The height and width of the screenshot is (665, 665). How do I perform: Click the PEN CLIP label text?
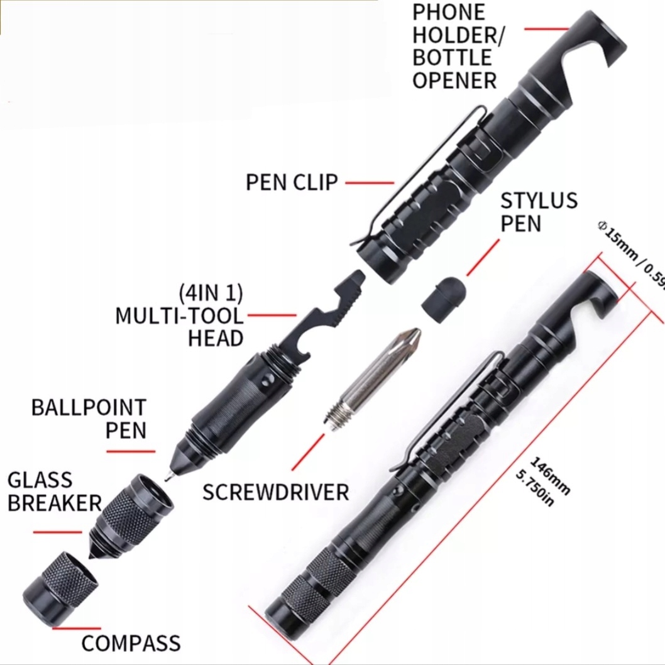(292, 182)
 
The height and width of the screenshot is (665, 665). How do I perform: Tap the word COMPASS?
(131, 643)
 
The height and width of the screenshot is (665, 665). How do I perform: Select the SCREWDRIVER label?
(275, 491)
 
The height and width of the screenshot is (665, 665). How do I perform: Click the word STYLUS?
(539, 201)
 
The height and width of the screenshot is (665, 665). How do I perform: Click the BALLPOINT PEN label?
(89, 418)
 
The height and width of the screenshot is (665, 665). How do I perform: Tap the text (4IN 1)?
(211, 294)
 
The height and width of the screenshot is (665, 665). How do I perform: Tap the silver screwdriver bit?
(373, 376)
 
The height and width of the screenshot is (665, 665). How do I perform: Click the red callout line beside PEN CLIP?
(370, 183)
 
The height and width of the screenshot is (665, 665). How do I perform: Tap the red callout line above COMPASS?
(76, 627)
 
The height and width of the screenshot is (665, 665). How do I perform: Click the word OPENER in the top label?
(454, 80)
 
